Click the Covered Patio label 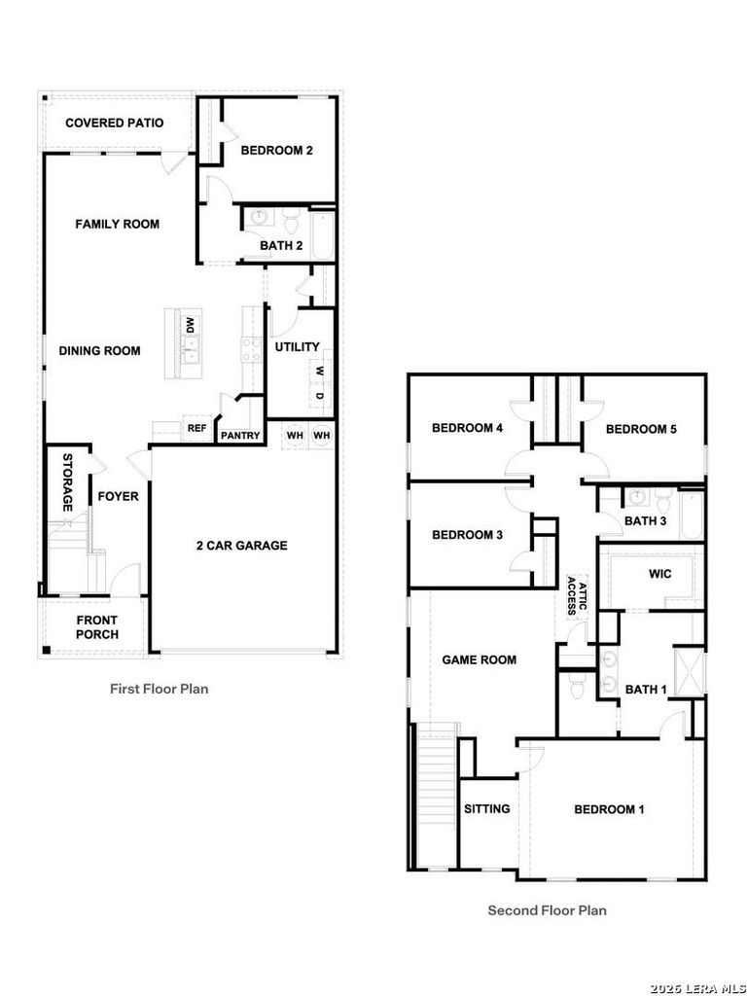[x=115, y=123]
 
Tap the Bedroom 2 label [x=277, y=151]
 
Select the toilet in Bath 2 [x=292, y=222]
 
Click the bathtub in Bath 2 [x=323, y=236]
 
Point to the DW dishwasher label [x=190, y=326]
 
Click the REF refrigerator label [x=196, y=428]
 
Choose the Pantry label [x=240, y=436]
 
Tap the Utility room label [x=298, y=347]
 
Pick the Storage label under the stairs [x=67, y=482]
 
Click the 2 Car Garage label [x=241, y=545]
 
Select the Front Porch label [x=97, y=627]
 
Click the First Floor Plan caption [x=159, y=689]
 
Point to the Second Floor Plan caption [x=547, y=910]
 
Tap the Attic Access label [x=576, y=596]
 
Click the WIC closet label [x=660, y=574]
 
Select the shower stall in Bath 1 [x=690, y=670]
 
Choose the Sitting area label [x=487, y=808]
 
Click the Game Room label [x=479, y=660]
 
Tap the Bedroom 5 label [x=641, y=429]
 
